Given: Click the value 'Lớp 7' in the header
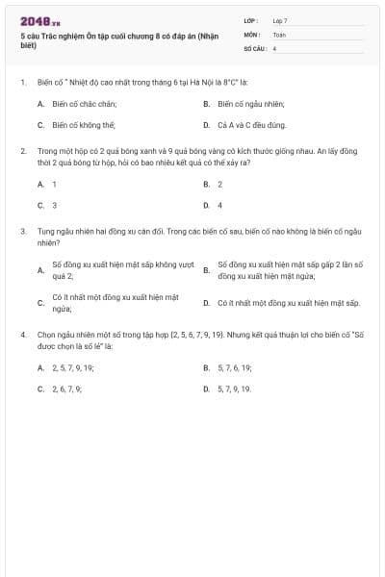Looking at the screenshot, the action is (x=280, y=20).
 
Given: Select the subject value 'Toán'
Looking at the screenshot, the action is (x=279, y=34).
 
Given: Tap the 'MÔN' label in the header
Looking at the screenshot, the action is (x=252, y=34).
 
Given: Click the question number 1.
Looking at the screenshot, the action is (x=22, y=83).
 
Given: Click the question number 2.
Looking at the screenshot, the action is (x=22, y=151).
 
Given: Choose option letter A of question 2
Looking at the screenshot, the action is (x=40, y=183).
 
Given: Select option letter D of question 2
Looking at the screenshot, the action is (x=206, y=205).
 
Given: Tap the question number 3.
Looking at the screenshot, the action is (x=22, y=232).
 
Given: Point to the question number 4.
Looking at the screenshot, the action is (x=22, y=334).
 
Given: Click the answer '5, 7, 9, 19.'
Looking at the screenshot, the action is (x=234, y=389).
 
